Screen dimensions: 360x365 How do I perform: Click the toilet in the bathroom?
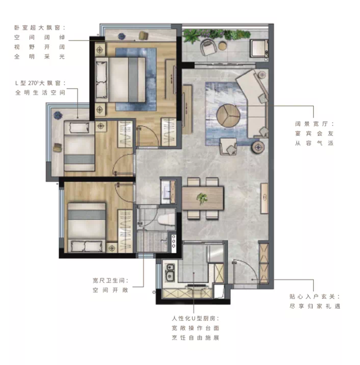[x=166, y=220]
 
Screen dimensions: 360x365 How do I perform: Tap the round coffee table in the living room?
[x=228, y=116]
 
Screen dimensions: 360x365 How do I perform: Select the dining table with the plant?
[x=203, y=198]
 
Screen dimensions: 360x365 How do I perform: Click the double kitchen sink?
[x=170, y=272]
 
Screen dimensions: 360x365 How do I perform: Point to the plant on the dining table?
[x=202, y=199]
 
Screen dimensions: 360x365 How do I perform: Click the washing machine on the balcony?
[x=258, y=48]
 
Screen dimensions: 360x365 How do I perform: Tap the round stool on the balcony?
[x=223, y=46]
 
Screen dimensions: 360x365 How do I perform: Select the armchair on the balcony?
[x=208, y=47]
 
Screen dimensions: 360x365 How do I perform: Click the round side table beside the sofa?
[x=257, y=147]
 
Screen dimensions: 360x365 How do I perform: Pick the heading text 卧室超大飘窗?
[x=37, y=28]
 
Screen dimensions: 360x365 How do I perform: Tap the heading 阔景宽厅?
[x=311, y=124]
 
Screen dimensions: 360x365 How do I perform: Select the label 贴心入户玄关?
[x=312, y=297]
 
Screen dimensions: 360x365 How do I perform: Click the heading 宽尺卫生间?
[x=108, y=280]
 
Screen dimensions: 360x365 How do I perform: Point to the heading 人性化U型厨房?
[x=193, y=318]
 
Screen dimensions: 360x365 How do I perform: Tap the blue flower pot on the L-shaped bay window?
[x=57, y=115]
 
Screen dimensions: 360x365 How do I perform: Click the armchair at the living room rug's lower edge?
[x=228, y=146]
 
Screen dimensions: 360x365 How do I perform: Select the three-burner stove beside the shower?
[x=173, y=243]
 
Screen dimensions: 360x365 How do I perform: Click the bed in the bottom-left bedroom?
[x=87, y=227]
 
